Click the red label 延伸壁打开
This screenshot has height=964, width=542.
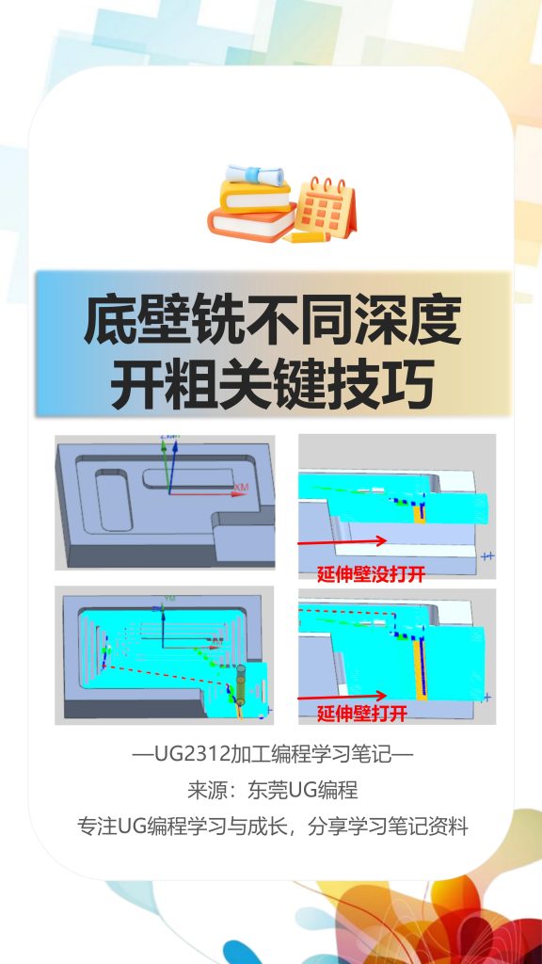pyautogui.click(x=361, y=714)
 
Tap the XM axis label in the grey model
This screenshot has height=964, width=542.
pyautogui.click(x=242, y=487)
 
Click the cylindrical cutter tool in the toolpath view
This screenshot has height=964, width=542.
pyautogui.click(x=240, y=685)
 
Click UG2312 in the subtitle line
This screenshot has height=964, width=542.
pyautogui.click(x=174, y=754)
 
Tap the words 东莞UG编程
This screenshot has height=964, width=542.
pyautogui.click(x=304, y=790)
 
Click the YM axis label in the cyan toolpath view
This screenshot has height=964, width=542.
pyautogui.click(x=170, y=599)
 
